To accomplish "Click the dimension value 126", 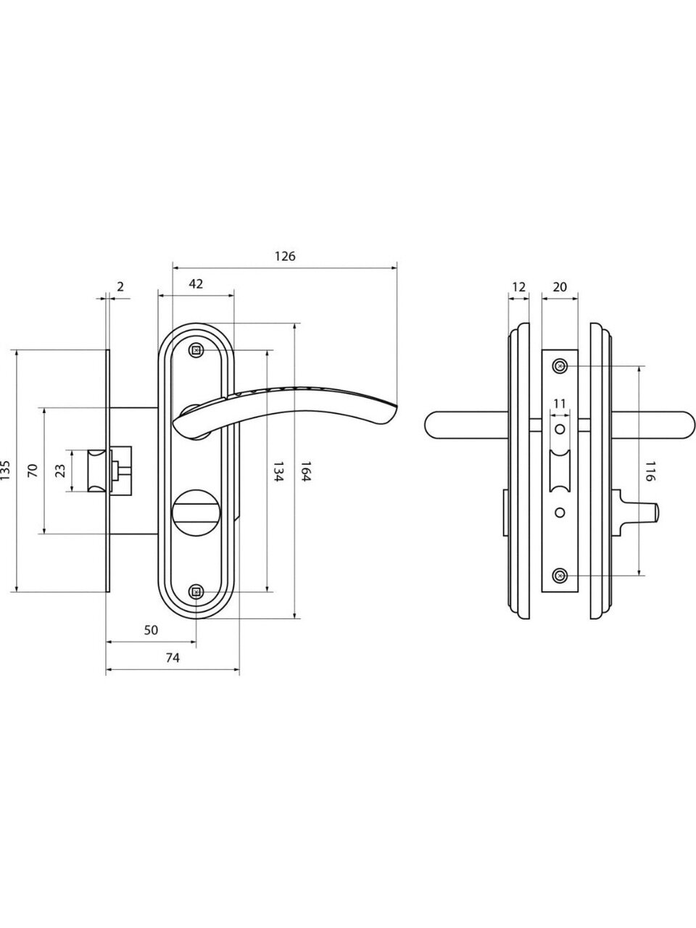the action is click(x=285, y=256).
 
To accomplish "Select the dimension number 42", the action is click(x=196, y=283).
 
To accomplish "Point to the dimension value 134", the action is click(x=278, y=471).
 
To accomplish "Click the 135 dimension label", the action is click(x=5, y=470).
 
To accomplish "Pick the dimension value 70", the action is click(x=33, y=470).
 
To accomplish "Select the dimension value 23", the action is click(x=60, y=471).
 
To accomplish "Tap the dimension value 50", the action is click(x=151, y=630).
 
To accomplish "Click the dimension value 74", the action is click(x=173, y=658).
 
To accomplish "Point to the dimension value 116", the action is click(x=650, y=471).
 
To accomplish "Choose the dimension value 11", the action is click(x=559, y=404).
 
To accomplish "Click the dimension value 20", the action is click(x=560, y=287).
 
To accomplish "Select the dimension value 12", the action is click(x=518, y=287).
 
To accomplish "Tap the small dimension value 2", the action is click(x=120, y=286).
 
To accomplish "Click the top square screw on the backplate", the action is click(x=196, y=350).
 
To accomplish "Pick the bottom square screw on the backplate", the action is click(x=196, y=592).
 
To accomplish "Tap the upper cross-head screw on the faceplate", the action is click(x=560, y=365).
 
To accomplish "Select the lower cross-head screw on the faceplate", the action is click(x=560, y=576).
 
